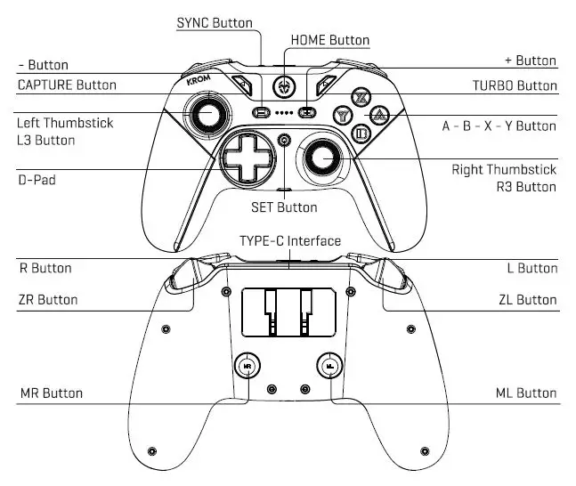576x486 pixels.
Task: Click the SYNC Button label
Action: [215, 22]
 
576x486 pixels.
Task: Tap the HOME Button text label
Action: [329, 40]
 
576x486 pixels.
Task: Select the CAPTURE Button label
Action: [67, 85]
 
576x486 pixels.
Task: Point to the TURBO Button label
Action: [514, 85]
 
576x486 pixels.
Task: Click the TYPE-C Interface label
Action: [289, 241]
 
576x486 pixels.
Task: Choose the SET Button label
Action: [284, 207]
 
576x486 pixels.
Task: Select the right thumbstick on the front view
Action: [322, 158]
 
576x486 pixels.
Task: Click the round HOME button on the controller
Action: [283, 86]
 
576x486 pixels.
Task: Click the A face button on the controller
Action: [379, 115]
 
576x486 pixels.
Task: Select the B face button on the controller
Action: [361, 134]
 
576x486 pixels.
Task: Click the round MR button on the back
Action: [247, 365]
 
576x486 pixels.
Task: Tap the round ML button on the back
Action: [329, 365]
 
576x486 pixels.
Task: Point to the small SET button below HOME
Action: [284, 139]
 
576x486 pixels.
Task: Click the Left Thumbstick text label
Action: [65, 123]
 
